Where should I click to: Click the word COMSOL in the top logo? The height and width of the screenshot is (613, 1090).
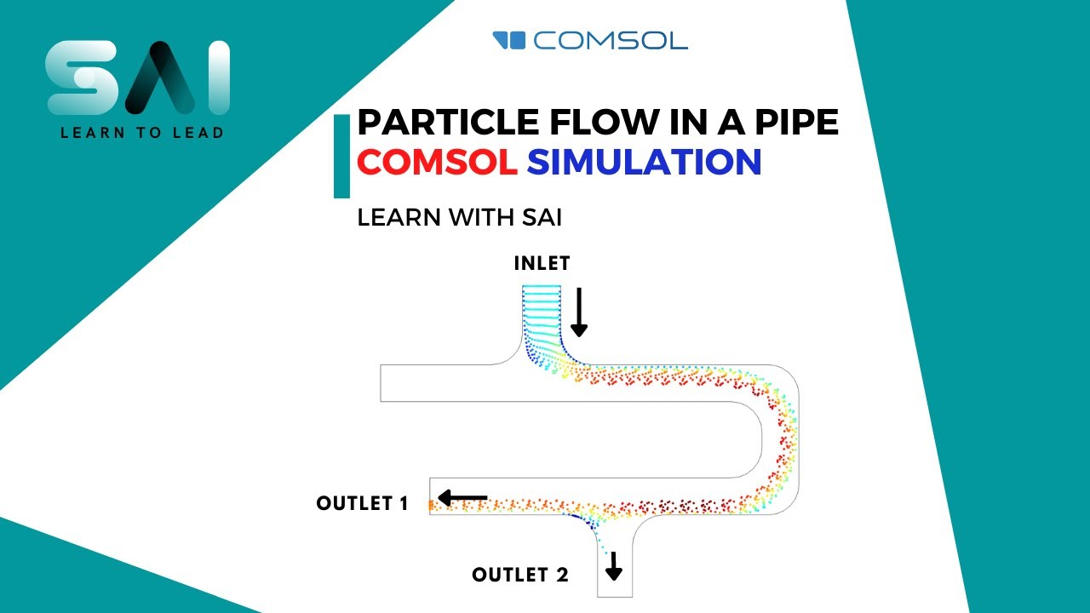(x=611, y=40)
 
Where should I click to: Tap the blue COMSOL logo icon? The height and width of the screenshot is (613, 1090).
(x=509, y=40)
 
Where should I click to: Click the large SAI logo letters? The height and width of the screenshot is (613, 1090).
(x=137, y=77)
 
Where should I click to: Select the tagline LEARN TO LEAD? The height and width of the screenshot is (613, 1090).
(x=141, y=132)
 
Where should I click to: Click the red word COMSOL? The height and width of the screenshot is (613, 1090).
(x=437, y=161)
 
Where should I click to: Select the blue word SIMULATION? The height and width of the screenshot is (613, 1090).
(x=644, y=161)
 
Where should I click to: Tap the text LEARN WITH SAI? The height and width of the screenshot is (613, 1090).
(x=460, y=217)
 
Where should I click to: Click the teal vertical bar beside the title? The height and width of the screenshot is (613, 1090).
(x=341, y=157)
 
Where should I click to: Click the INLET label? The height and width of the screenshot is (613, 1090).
(x=542, y=263)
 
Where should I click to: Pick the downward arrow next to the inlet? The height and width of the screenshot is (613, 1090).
(x=579, y=312)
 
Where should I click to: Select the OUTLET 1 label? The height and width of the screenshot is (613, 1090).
(x=362, y=503)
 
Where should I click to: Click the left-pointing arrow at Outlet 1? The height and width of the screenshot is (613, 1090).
(x=462, y=497)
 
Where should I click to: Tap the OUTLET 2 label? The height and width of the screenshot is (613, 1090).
(x=519, y=575)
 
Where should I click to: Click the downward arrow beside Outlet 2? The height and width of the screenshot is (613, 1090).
(x=614, y=564)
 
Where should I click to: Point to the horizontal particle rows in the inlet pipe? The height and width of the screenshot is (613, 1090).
(x=541, y=306)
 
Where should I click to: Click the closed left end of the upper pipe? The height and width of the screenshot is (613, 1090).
(x=381, y=382)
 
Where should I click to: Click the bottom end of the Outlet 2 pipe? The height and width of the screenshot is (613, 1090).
(x=615, y=595)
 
